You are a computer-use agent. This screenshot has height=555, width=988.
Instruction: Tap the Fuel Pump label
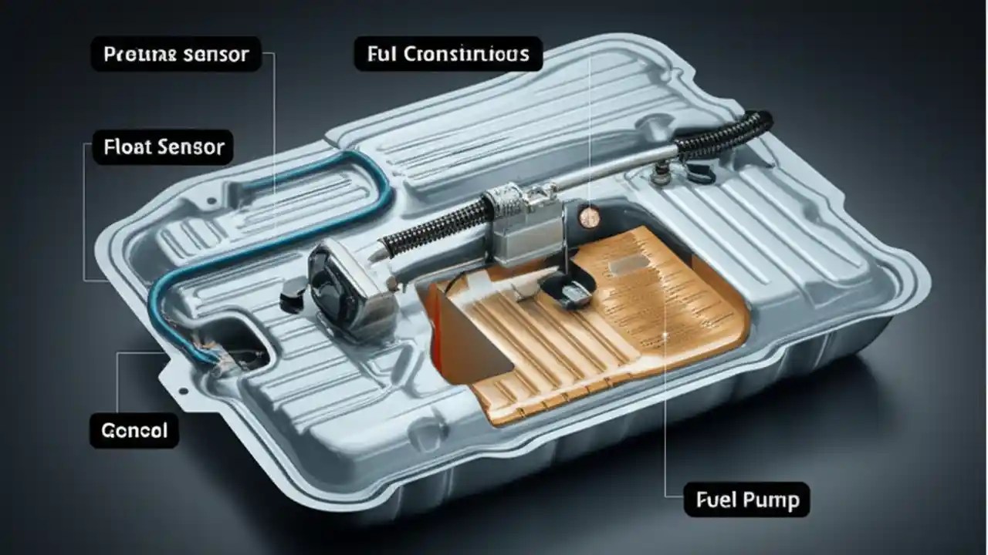click(x=747, y=500)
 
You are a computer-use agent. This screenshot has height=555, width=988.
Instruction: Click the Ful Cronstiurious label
click(x=448, y=54)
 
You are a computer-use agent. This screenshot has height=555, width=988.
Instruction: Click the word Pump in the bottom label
click(x=773, y=500)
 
